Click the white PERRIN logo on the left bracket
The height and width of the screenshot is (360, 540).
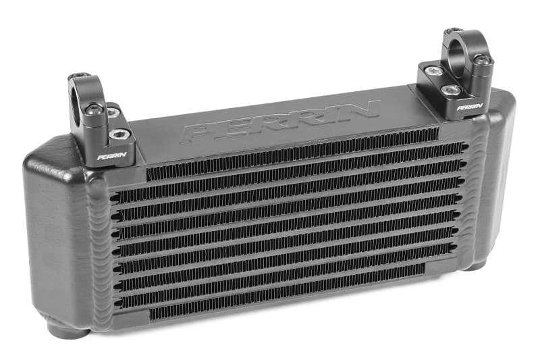point(107,157)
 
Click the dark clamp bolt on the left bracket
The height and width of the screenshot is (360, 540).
point(96,109)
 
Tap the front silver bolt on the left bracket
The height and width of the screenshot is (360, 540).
point(121,134)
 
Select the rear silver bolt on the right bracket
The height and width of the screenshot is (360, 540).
point(435,70)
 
